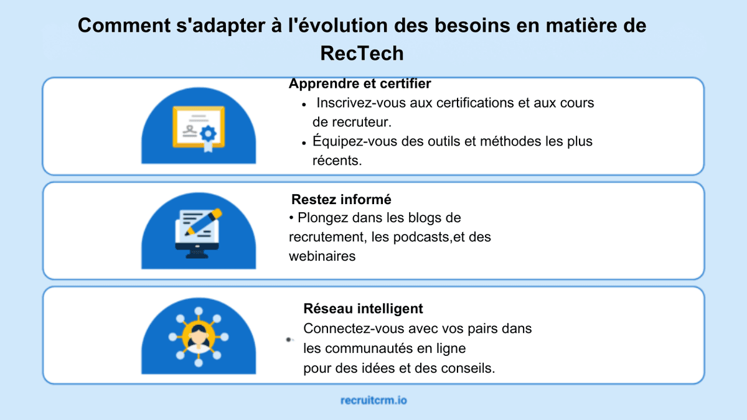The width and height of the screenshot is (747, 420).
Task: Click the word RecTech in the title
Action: point(362,54)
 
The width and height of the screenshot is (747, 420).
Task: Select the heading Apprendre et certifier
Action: point(360,83)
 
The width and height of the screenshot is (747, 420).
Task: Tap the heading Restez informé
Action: point(341,200)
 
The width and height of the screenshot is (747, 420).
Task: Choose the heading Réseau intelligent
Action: point(363,309)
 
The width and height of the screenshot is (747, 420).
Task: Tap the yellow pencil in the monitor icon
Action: point(208,222)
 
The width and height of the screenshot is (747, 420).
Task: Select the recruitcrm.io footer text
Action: point(374,400)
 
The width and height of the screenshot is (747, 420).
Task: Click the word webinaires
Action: point(322,256)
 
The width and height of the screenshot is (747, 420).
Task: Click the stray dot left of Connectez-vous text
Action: point(288,340)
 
